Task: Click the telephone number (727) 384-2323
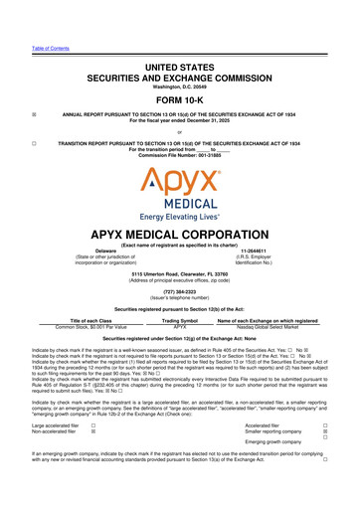click(180, 305)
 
